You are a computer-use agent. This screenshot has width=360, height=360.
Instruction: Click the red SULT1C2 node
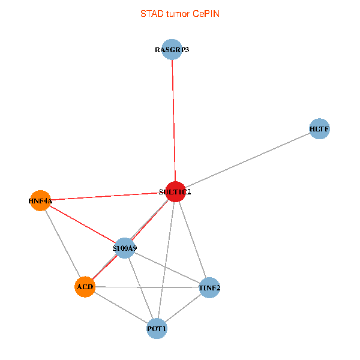(x=175, y=191)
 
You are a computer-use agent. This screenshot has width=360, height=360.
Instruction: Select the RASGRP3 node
(x=172, y=50)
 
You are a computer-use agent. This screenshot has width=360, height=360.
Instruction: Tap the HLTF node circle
(x=320, y=129)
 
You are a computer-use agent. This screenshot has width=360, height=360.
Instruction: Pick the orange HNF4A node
(x=40, y=200)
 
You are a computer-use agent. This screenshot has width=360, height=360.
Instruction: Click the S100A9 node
(x=125, y=248)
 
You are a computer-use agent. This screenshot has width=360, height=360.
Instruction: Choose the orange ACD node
(x=85, y=287)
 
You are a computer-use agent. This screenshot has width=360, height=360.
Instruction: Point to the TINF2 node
(x=209, y=288)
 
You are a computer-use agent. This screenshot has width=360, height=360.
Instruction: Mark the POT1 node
(x=157, y=329)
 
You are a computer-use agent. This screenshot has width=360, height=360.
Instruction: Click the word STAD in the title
(x=152, y=14)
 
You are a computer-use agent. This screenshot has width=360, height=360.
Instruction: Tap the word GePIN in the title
(x=206, y=14)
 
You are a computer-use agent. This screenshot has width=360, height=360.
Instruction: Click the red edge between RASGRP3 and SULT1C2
(x=173, y=120)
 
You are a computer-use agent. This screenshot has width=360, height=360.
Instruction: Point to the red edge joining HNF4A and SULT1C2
(x=108, y=196)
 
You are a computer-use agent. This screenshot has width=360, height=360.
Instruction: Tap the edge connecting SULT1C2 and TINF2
(x=192, y=240)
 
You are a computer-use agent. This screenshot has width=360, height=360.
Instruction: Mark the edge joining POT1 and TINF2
(x=183, y=308)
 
